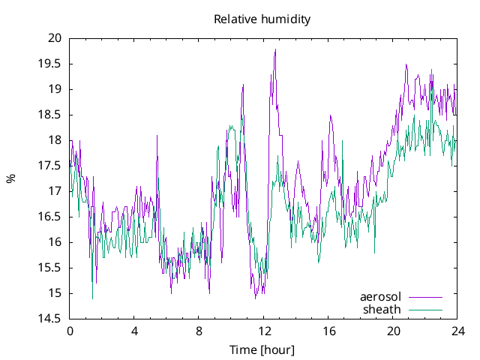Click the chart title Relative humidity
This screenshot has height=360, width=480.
coord(262,19)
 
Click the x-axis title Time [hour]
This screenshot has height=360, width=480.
coord(262,350)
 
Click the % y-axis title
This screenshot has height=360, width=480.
coord(11,178)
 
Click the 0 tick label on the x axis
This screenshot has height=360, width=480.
coord(70,331)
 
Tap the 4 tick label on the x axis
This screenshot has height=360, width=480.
coord(134,331)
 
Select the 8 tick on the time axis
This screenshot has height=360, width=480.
coord(199,331)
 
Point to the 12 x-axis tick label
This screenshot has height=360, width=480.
coord(264,331)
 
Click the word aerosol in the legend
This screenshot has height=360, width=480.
coord(381,297)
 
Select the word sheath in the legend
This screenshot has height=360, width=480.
coord(382,309)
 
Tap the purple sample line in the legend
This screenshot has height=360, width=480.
coord(424,297)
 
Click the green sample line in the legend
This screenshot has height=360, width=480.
coord(424,309)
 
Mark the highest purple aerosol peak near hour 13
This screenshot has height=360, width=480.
coord(276,49)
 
